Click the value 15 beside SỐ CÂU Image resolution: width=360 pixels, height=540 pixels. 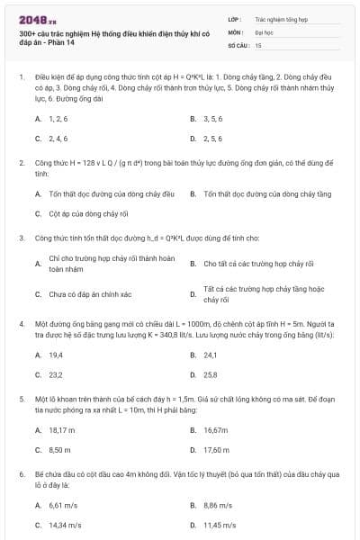pos(258,44)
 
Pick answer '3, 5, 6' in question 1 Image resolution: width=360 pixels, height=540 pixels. pos(212,119)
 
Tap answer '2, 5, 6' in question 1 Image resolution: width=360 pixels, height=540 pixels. pos(212,139)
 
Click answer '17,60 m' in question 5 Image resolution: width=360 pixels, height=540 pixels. pos(217,449)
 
